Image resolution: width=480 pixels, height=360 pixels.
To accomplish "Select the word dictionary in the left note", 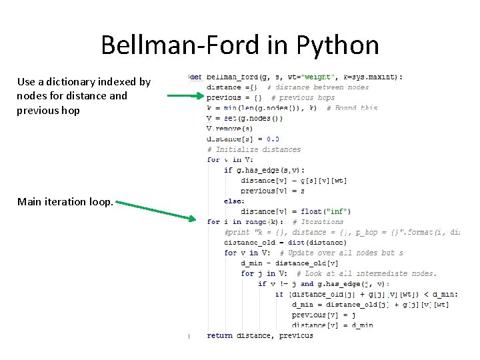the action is coord(81,82).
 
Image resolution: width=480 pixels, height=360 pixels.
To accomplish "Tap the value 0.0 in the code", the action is coord(273,139).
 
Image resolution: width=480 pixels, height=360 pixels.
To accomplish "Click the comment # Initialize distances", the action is coord(254,149).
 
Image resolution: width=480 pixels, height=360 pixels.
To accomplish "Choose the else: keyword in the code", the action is coord(234,201).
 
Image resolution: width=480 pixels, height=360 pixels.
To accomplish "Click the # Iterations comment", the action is coord(323,222).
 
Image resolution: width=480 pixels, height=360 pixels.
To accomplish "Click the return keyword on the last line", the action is coord(220,335).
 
